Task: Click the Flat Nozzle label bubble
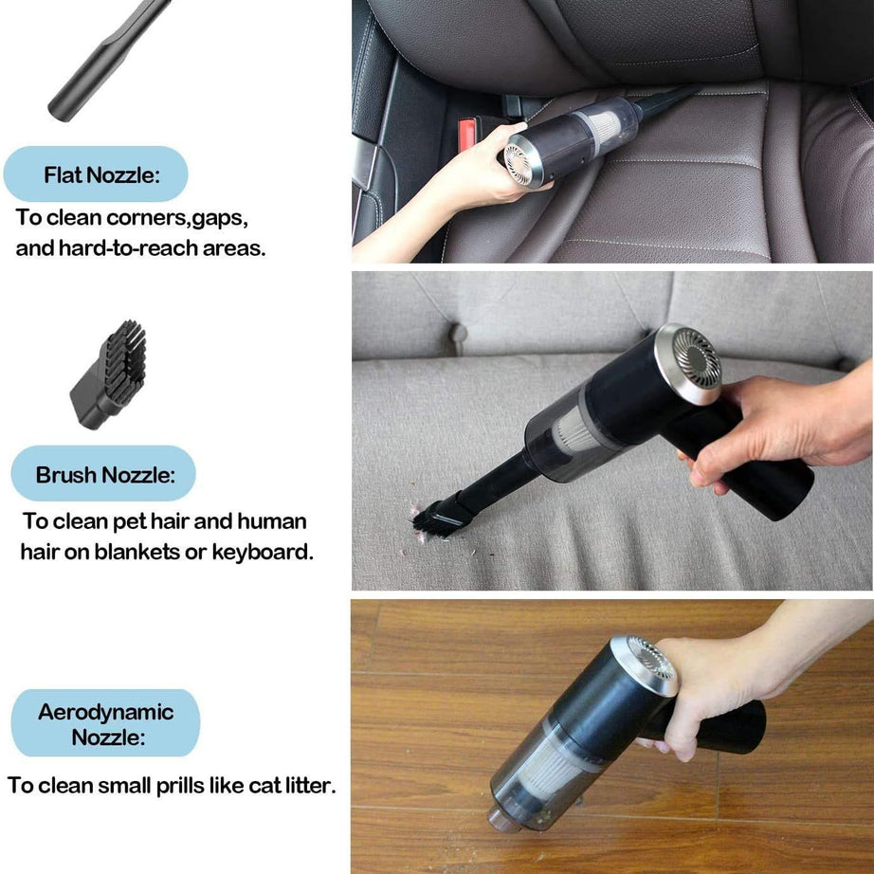pos(95,174)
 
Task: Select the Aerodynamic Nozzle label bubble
pos(105,723)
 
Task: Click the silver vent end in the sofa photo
pos(688,363)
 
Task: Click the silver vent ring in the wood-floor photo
pos(647,664)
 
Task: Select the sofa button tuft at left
pos(458,335)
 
